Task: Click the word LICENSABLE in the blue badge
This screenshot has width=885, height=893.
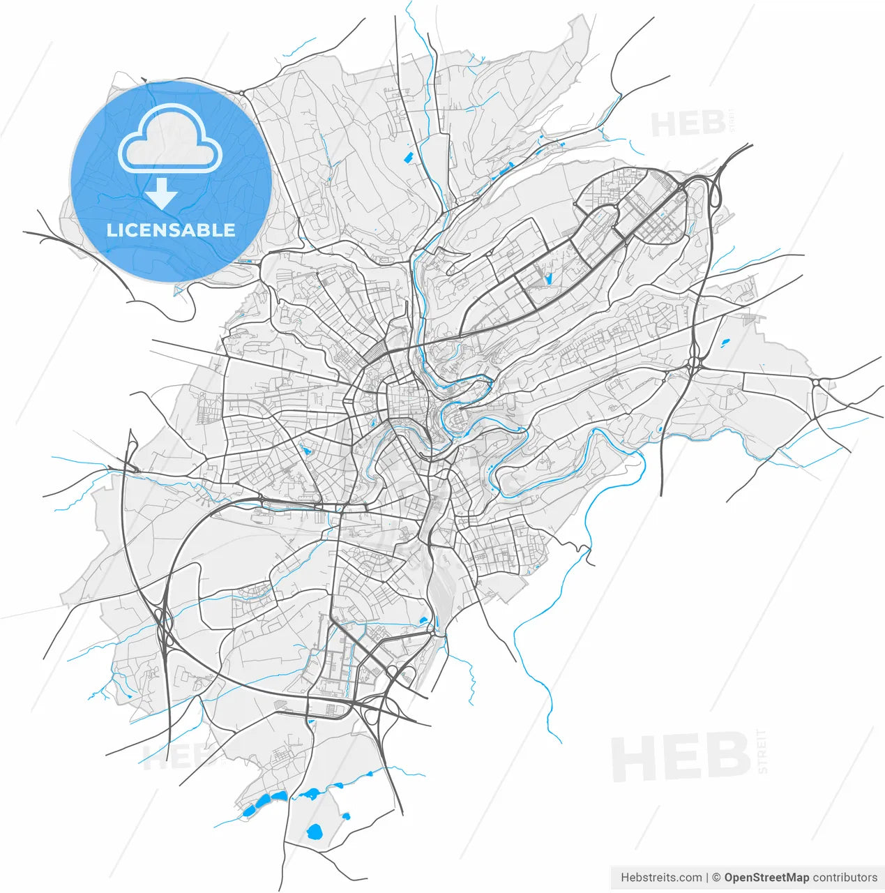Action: (x=171, y=230)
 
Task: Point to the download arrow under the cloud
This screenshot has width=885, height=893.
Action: (x=161, y=193)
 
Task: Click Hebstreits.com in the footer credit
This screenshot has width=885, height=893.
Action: (x=661, y=878)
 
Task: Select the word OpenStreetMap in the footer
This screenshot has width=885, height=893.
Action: (x=766, y=878)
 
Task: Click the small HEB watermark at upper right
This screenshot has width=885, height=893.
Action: (x=688, y=124)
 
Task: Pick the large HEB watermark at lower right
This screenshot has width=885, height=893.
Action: (x=680, y=758)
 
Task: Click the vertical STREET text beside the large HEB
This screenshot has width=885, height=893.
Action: (x=762, y=751)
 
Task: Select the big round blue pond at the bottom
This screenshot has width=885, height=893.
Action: (x=315, y=832)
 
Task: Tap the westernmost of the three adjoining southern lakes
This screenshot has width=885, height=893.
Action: (x=248, y=811)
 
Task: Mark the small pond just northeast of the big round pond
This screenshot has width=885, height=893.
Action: (x=346, y=816)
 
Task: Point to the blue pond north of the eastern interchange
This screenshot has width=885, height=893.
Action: (x=724, y=343)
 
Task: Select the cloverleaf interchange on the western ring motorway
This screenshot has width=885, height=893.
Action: (x=165, y=622)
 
